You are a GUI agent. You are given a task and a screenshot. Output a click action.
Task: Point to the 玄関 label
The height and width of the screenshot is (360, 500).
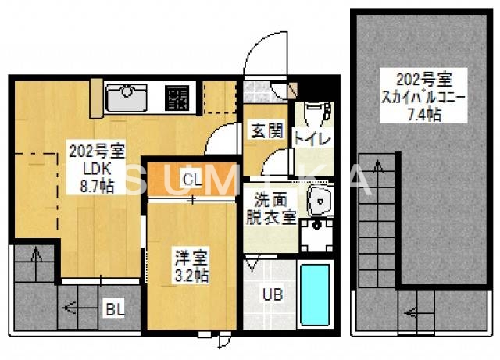coord(266,131)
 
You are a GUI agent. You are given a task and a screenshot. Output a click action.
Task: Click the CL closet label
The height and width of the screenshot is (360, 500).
coord(191,180)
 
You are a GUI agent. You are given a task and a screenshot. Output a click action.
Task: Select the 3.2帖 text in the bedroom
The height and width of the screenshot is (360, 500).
coord(191,275)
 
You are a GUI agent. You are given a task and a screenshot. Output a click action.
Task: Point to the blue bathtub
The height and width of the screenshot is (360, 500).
coord(316,296)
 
